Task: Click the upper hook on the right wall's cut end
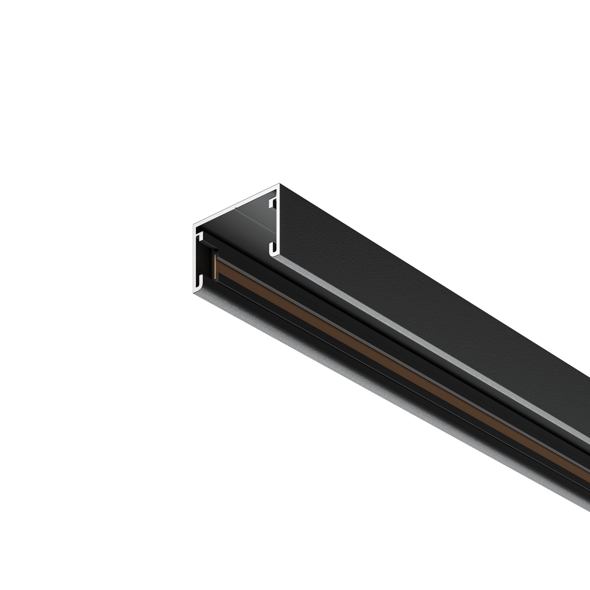pyautogui.click(x=273, y=203)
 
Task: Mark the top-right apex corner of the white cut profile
pyautogui.click(x=279, y=184)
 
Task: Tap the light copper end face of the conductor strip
pyautogui.click(x=216, y=268)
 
